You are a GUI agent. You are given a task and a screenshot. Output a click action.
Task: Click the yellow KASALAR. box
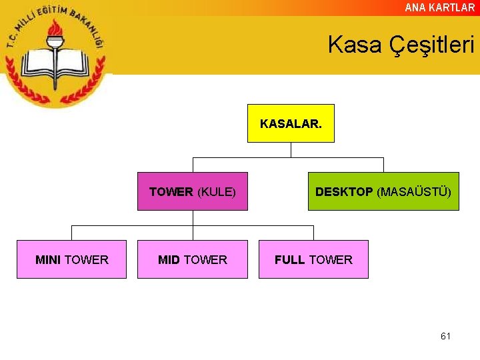click(291, 123)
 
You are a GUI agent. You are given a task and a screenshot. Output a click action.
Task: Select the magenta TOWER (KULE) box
click(193, 191)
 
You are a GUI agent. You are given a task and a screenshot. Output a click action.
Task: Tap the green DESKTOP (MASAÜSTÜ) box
click(383, 191)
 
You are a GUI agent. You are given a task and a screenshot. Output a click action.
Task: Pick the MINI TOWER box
click(71, 259)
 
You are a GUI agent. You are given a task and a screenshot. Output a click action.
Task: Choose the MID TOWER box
click(193, 259)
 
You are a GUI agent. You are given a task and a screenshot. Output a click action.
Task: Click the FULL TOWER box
click(313, 259)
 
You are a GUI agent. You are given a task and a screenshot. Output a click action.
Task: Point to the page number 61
click(445, 336)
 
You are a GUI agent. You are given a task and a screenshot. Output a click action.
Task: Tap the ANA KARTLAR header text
click(440, 7)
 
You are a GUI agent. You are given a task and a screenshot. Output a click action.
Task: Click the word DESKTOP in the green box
click(344, 192)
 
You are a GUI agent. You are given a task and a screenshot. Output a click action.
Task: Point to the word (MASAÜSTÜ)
click(414, 192)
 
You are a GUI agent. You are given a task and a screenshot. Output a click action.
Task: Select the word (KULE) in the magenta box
click(217, 192)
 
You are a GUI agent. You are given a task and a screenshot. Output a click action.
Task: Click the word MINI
click(48, 260)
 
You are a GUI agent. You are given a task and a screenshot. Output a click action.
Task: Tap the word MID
click(169, 260)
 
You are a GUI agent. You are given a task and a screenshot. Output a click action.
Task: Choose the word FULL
click(290, 260)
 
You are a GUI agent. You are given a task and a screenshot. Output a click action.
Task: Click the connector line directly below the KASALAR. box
click(291, 150)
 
